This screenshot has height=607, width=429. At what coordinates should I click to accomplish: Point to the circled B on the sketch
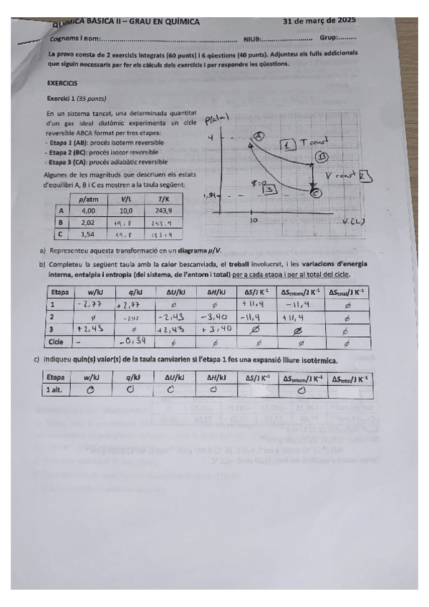click(x=324, y=156)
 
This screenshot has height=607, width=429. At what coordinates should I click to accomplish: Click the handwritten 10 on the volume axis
click(x=254, y=221)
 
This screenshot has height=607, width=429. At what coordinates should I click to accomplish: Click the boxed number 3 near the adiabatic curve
click(x=270, y=189)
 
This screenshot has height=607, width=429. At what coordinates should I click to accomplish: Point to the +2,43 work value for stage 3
click(x=91, y=329)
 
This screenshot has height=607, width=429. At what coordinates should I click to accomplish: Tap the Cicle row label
click(x=58, y=341)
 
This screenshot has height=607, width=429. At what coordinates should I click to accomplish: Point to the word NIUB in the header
click(x=251, y=39)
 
